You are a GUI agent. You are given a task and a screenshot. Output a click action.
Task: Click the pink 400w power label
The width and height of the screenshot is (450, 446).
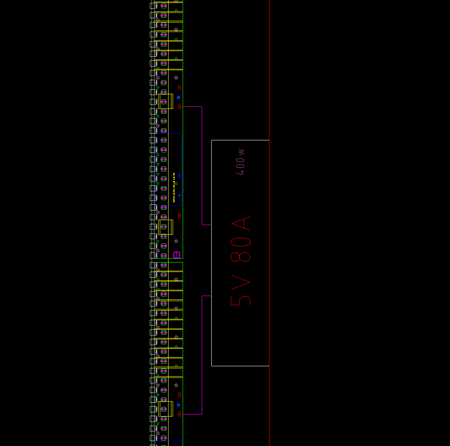240,162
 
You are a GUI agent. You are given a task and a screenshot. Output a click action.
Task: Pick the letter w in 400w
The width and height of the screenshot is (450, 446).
241,152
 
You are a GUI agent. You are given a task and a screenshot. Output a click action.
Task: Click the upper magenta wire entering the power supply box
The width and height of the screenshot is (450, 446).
202,166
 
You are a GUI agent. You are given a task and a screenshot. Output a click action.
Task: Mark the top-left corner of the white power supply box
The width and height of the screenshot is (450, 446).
212,140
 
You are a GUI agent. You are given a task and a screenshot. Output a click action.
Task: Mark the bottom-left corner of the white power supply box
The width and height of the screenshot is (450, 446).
212,366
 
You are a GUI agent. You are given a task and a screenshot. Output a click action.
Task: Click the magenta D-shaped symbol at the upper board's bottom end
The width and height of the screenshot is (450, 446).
176,254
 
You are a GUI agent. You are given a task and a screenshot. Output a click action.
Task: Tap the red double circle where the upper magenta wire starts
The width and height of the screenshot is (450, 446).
179,107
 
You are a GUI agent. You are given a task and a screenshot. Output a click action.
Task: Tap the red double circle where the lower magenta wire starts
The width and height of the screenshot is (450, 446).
179,414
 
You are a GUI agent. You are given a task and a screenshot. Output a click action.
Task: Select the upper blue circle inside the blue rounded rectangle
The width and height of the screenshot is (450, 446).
179,176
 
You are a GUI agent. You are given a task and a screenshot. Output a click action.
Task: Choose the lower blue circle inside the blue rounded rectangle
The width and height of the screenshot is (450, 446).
179,195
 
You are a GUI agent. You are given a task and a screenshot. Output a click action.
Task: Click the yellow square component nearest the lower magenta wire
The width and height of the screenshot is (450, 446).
165,409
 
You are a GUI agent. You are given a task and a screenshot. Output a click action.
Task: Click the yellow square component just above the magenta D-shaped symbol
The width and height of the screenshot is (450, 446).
165,227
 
